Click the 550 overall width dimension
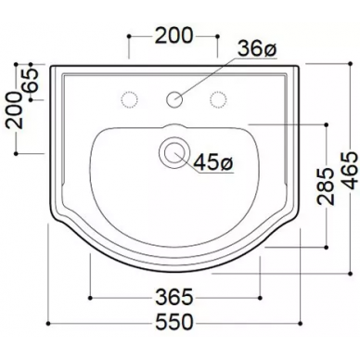(x=174, y=322)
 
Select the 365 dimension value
(x=174, y=297)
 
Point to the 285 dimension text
(x=326, y=186)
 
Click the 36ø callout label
(x=256, y=49)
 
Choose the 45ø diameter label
(x=213, y=162)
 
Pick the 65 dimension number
(x=31, y=80)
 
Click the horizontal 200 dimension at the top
(x=174, y=35)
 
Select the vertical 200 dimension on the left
(x=15, y=109)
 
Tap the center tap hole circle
(x=174, y=99)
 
